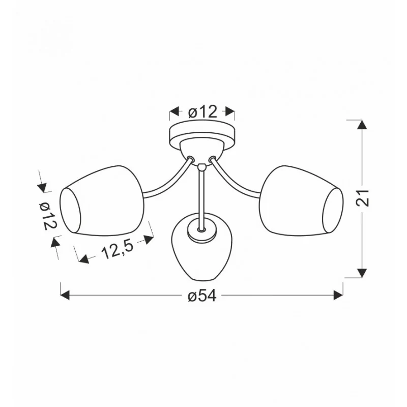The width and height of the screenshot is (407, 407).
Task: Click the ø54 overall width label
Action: pyautogui.click(x=202, y=296)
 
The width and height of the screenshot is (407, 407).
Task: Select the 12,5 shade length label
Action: pyautogui.click(x=117, y=249)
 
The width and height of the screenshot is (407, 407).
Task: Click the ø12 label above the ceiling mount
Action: pyautogui.click(x=202, y=112)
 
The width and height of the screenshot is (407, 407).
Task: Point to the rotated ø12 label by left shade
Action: pyautogui.click(x=47, y=216)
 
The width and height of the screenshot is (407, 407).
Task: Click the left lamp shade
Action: pyautogui.click(x=102, y=200)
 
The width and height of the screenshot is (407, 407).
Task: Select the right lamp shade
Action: pyautogui.click(x=301, y=200)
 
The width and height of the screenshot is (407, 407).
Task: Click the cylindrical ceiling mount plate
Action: pyautogui.click(x=202, y=135)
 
